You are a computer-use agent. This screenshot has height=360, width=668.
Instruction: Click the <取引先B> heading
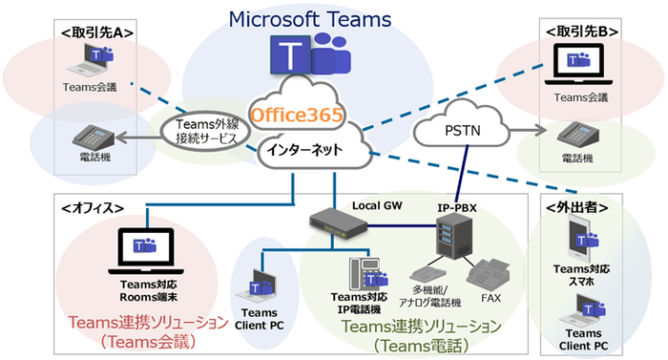[581, 32]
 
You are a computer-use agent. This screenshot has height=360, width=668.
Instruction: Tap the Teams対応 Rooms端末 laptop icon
[136, 250]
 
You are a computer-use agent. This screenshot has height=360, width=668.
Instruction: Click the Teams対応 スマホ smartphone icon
[581, 237]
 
